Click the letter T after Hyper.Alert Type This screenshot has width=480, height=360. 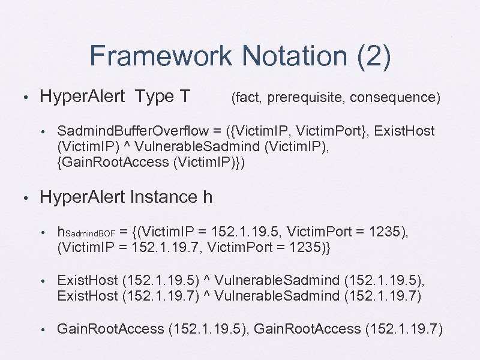click(x=184, y=96)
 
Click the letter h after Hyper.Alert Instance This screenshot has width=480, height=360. click(x=207, y=197)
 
